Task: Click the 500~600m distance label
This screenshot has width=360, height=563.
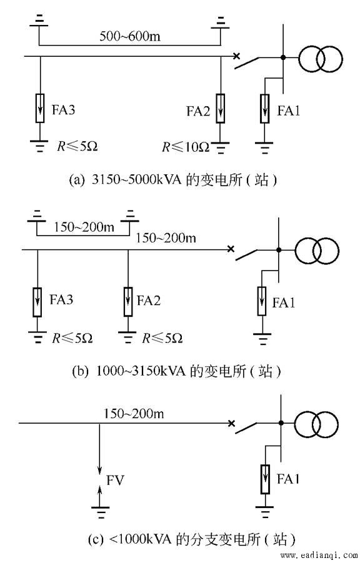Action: [x=130, y=36]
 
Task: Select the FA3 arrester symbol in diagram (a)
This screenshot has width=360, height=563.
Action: [x=40, y=108]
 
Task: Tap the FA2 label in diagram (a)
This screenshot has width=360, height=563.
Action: [x=198, y=111]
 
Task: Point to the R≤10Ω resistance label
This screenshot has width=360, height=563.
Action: [x=186, y=147]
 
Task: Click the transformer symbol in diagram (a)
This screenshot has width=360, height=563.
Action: [x=320, y=58]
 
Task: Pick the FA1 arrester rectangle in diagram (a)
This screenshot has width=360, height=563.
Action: [x=265, y=108]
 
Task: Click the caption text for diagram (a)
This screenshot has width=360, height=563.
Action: [x=173, y=179]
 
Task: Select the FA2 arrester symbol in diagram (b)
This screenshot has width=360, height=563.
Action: [x=128, y=302]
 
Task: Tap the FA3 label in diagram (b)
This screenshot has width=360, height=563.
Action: [x=61, y=299]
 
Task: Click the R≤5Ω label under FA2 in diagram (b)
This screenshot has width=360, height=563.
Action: [x=162, y=338]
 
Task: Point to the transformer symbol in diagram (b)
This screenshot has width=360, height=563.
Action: [x=316, y=251]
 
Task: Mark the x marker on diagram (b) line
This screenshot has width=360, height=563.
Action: [x=231, y=249]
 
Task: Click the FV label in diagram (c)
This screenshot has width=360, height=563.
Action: [x=115, y=480]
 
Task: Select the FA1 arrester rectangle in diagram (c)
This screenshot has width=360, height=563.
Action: [x=266, y=479]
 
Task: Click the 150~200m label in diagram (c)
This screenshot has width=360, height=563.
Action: [x=134, y=414]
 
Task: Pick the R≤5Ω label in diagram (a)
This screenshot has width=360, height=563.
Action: [x=77, y=146]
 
